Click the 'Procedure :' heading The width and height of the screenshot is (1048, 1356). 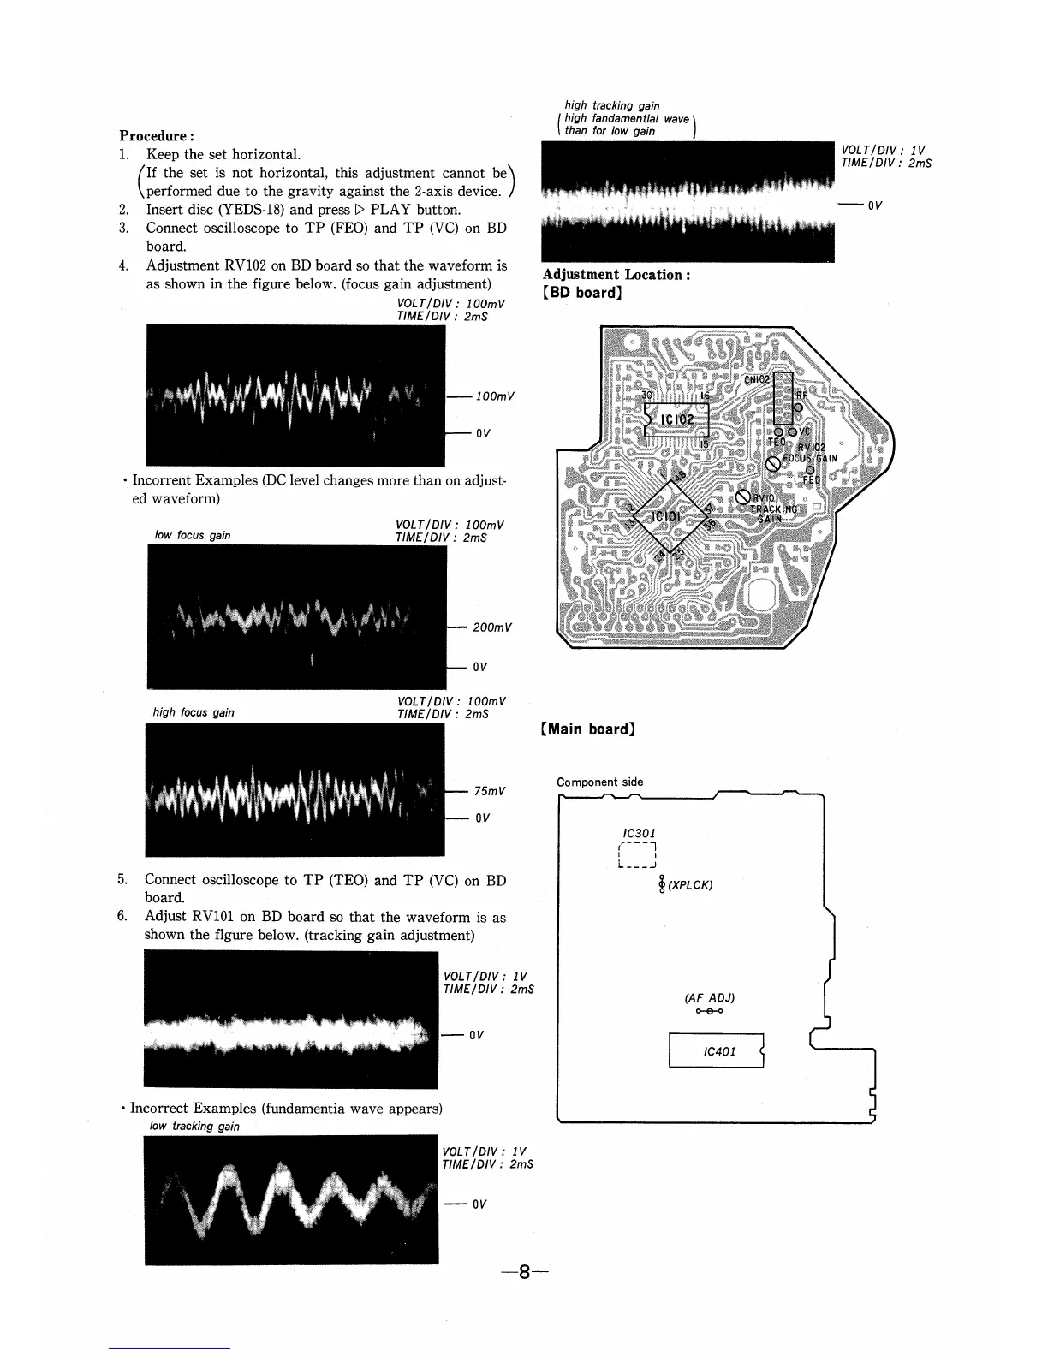click(157, 136)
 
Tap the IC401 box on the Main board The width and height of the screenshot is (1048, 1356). click(717, 1051)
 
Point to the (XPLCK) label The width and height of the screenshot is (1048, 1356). click(690, 885)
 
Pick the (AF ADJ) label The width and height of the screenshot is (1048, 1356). click(710, 997)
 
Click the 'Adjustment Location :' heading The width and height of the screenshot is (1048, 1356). click(616, 275)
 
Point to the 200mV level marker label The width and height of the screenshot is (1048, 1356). click(492, 627)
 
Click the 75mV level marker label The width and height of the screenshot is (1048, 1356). click(490, 791)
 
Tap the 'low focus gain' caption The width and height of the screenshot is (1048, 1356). click(193, 536)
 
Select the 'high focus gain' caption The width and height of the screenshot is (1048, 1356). click(194, 712)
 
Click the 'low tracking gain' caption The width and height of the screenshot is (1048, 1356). click(194, 1126)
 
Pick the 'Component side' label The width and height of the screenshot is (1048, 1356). click(599, 782)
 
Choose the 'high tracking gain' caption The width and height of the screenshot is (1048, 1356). click(611, 106)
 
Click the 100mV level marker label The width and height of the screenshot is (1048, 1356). click(495, 396)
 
